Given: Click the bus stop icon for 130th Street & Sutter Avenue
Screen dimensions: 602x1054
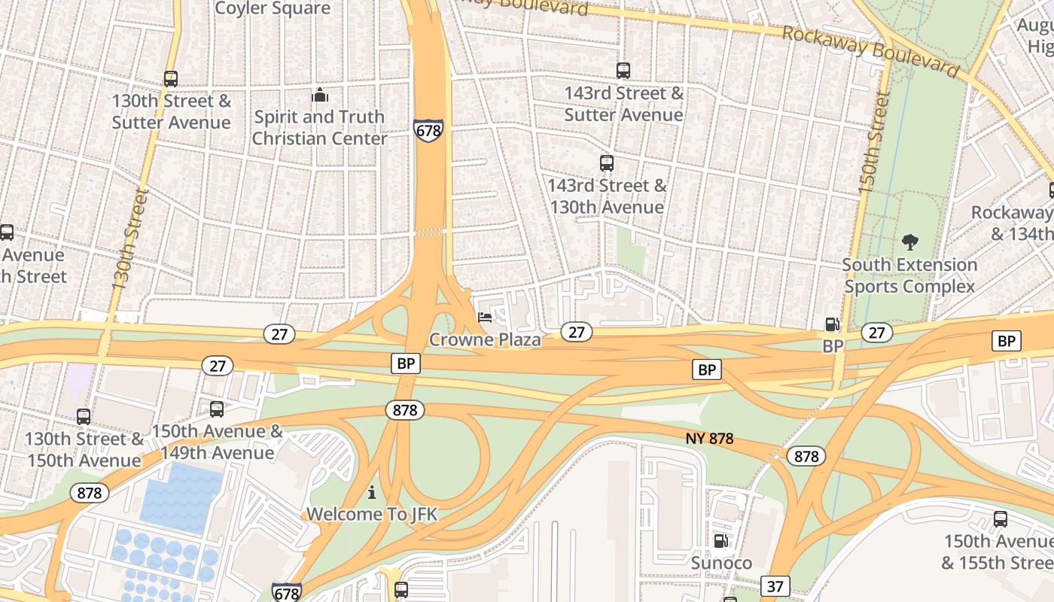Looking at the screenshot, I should point(171,79).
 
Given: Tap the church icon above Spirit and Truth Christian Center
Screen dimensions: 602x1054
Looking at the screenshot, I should point(320,96).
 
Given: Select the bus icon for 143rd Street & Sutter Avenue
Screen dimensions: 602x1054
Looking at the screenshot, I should point(623,71).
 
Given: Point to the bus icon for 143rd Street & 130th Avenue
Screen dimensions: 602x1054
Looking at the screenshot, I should point(606,163).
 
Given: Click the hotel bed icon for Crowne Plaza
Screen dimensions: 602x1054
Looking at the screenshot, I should point(485,318).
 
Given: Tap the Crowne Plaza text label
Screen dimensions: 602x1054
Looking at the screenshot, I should point(485,340).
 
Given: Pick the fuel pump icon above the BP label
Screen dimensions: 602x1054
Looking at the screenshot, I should point(832,324).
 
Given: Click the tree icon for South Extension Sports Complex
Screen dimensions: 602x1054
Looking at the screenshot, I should point(910,242).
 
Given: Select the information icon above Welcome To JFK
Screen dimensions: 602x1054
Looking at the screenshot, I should point(371,493).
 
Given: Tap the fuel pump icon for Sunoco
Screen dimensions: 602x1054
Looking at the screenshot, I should point(720,541).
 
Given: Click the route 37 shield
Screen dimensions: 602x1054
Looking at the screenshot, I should point(775,585).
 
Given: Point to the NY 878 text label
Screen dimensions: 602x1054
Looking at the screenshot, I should point(710,438).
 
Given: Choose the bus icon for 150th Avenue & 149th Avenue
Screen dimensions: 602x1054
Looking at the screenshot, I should point(217,409).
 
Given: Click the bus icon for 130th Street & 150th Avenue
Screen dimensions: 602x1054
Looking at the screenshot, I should point(84,416).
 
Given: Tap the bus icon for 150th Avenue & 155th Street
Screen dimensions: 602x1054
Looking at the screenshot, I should point(1000,518).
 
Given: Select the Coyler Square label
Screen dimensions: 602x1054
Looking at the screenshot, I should point(273,9).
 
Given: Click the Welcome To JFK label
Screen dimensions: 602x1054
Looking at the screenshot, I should point(371,515).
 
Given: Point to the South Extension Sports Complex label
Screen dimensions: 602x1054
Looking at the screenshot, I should point(909,275).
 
